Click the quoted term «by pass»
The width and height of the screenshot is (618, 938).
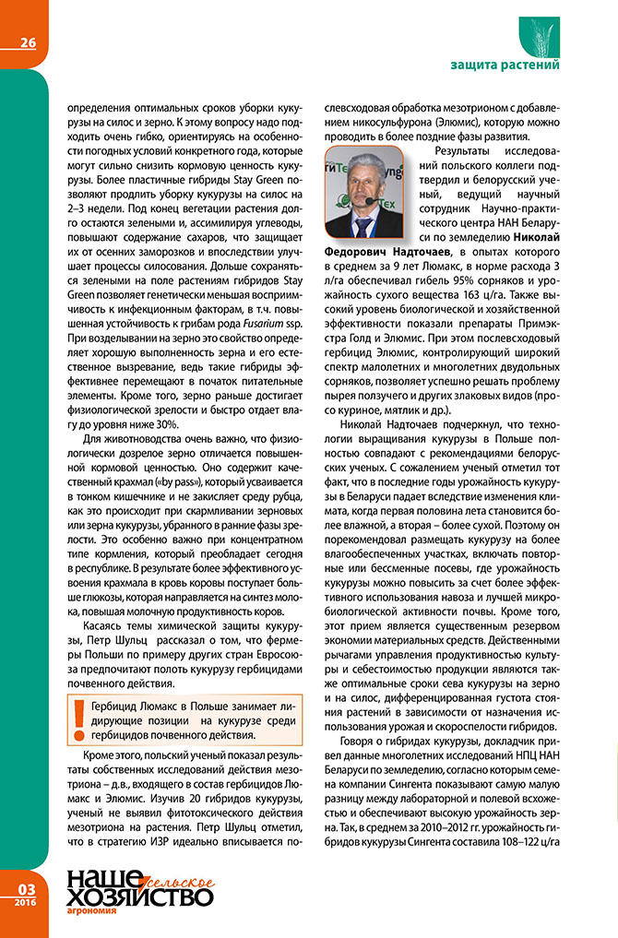[159, 481]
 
